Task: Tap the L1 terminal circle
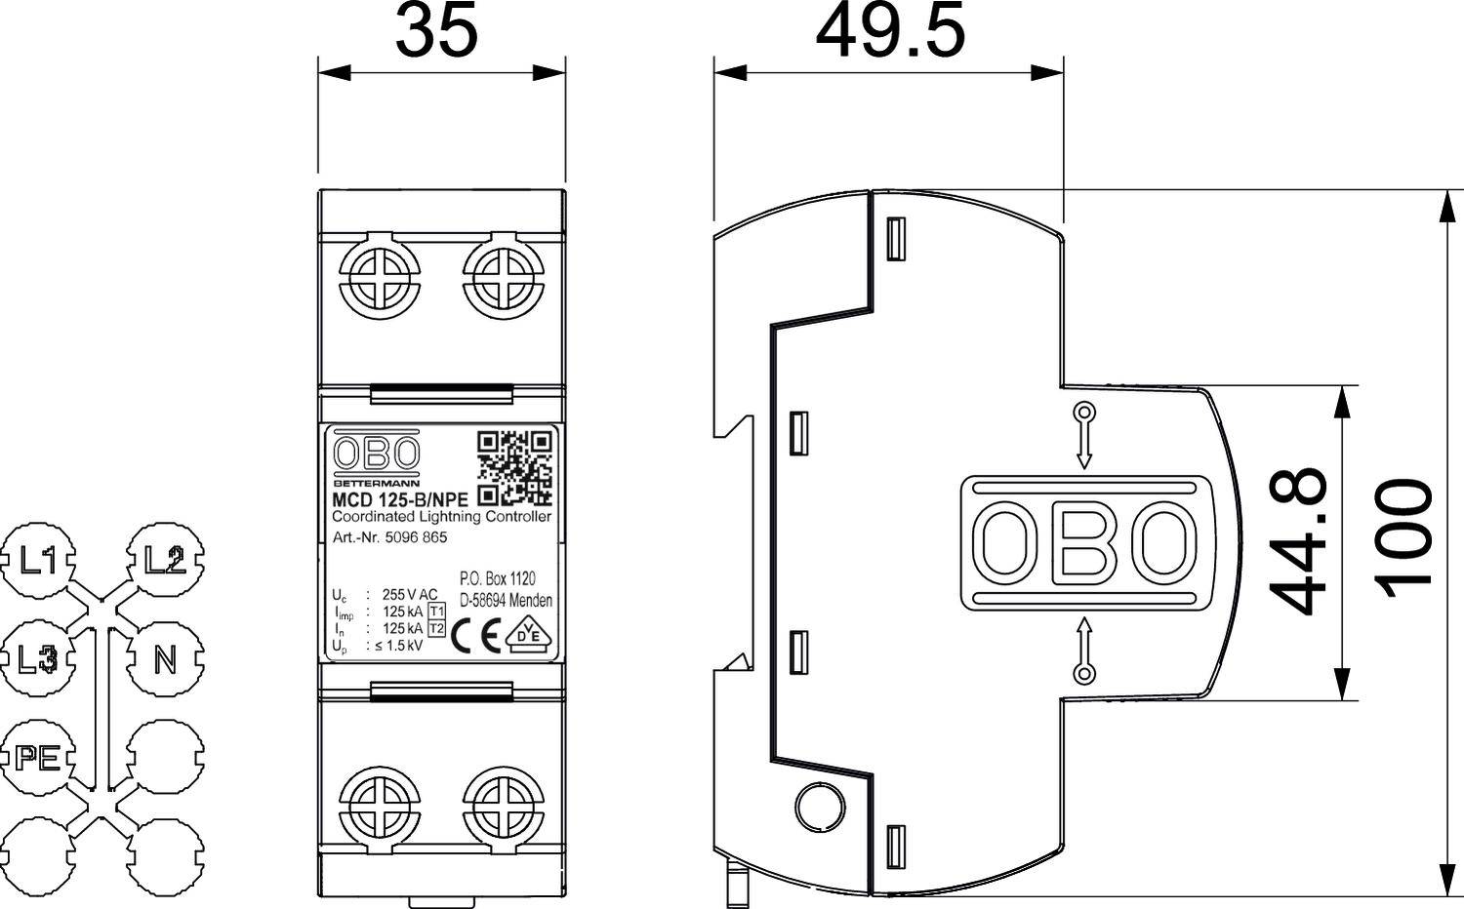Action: pyautogui.click(x=39, y=561)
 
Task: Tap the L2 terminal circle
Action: pyautogui.click(x=165, y=561)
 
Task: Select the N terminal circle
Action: pyautogui.click(x=165, y=659)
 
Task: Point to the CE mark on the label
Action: pyautogui.click(x=478, y=636)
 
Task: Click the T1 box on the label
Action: pyautogui.click(x=436, y=612)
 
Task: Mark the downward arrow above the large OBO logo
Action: pyautogui.click(x=1083, y=436)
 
